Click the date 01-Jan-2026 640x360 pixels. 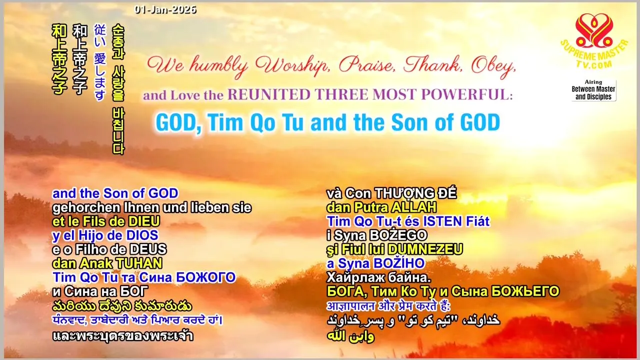(x=165, y=9)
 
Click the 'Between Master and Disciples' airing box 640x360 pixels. (x=593, y=90)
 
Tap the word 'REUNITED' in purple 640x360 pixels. (x=269, y=94)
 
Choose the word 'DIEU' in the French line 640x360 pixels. (x=144, y=221)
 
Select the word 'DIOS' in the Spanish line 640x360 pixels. (x=142, y=235)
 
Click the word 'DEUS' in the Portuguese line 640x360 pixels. (x=148, y=249)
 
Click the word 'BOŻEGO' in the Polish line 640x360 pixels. (x=398, y=235)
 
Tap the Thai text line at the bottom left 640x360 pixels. (x=123, y=336)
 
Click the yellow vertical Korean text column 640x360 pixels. (x=118, y=89)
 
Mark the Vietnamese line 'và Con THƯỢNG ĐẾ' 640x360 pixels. (x=391, y=193)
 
